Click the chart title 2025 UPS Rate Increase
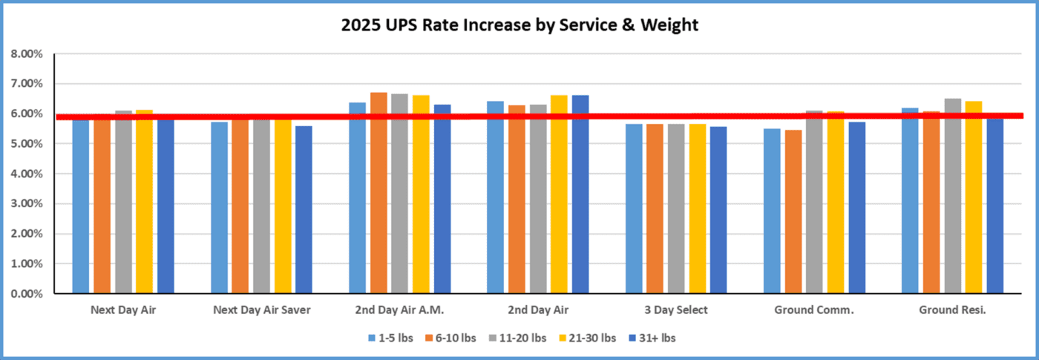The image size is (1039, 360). coord(519,25)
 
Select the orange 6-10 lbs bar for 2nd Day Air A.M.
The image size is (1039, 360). coord(378,193)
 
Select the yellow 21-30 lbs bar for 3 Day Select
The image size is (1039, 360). coord(698,209)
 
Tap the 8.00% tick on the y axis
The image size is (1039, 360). coord(27,54)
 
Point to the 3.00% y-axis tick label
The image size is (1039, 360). coord(27,204)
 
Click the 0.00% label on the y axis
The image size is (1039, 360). coord(27,294)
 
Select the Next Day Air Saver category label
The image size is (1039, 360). coord(261,310)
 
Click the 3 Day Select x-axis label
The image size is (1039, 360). coord(676,310)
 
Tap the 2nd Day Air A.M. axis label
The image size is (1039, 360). coord(400,310)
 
